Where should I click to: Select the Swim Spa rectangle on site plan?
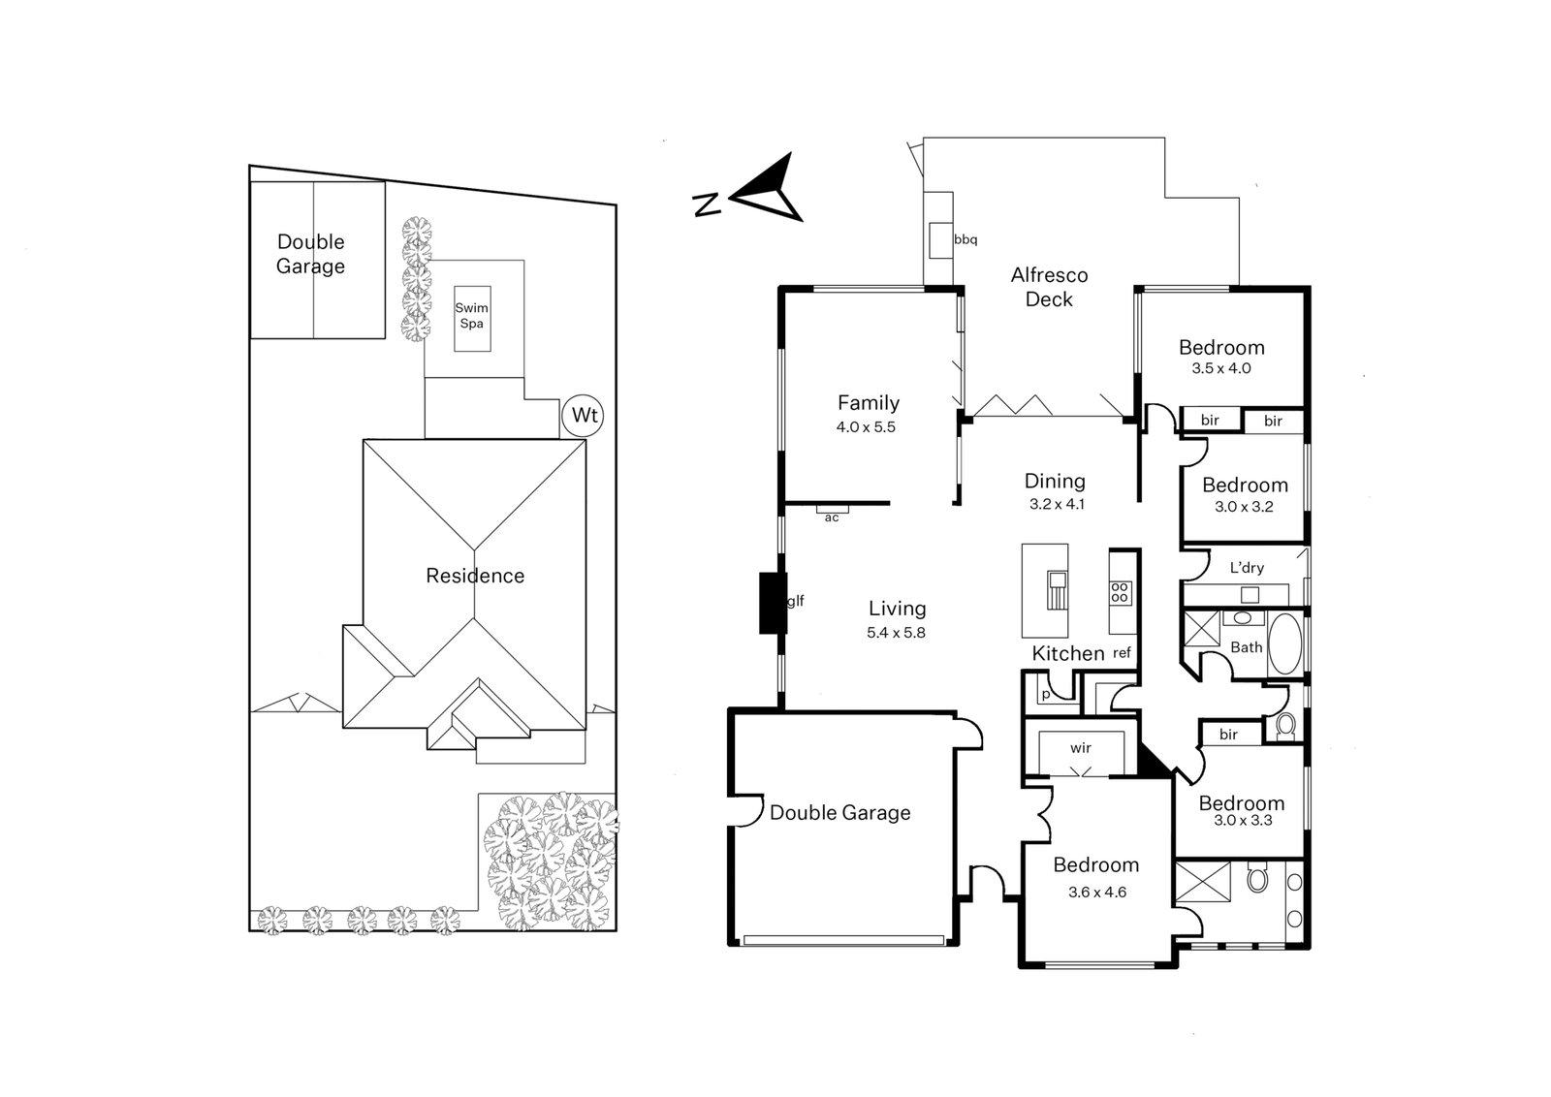pyautogui.click(x=472, y=318)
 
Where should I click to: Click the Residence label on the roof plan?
pyautogui.click(x=475, y=576)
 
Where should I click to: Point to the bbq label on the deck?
pyautogui.click(x=965, y=239)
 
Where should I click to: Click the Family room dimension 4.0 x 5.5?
pyautogui.click(x=866, y=426)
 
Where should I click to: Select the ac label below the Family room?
pyautogui.click(x=831, y=517)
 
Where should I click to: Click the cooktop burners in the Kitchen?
pyautogui.click(x=1120, y=593)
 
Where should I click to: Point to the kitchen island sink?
pyautogui.click(x=1055, y=584)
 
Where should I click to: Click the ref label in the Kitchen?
pyautogui.click(x=1122, y=654)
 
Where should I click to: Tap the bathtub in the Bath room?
pyautogui.click(x=1284, y=644)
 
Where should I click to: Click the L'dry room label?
pyautogui.click(x=1247, y=568)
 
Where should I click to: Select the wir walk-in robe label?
pyautogui.click(x=1080, y=748)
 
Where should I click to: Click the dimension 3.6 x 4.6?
pyautogui.click(x=1096, y=893)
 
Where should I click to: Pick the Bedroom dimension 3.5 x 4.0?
pyautogui.click(x=1220, y=368)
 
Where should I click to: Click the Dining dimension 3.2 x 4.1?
pyautogui.click(x=1056, y=504)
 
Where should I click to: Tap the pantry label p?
pyautogui.click(x=1045, y=695)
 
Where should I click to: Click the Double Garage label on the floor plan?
pyautogui.click(x=839, y=813)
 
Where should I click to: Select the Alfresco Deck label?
pyautogui.click(x=1049, y=287)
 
